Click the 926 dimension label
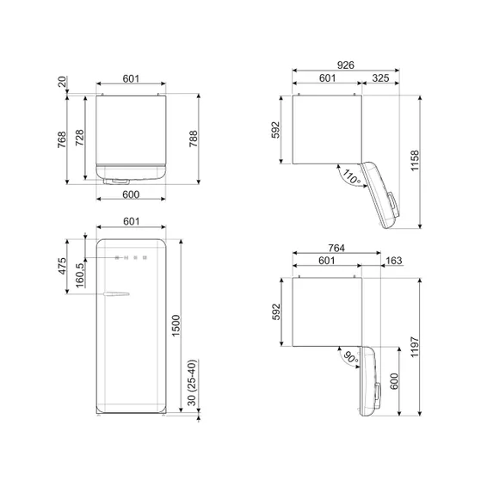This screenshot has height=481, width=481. [345, 64]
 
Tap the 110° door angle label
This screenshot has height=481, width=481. [350, 178]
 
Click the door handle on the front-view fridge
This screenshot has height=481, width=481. [114, 295]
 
